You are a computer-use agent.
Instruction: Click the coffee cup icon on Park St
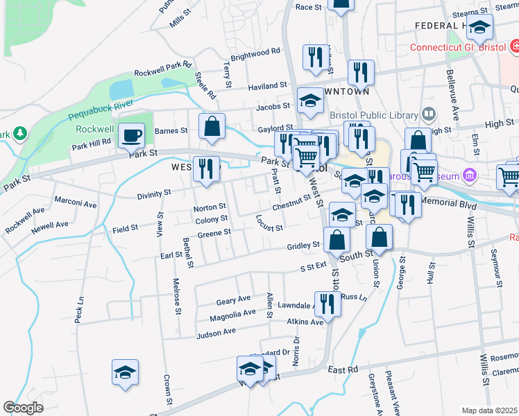[130, 136]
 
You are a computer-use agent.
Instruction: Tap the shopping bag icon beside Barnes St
[212, 126]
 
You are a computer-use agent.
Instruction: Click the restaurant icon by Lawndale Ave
[327, 304]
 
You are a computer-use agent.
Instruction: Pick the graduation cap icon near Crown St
[126, 372]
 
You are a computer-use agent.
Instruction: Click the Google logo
[23, 408]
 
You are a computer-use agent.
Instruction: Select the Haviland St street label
[267, 86]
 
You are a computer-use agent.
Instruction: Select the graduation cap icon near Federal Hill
[479, 28]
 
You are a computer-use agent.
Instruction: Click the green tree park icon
[19, 132]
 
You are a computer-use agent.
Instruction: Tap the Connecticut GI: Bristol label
[458, 48]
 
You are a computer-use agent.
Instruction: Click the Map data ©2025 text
[489, 410]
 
